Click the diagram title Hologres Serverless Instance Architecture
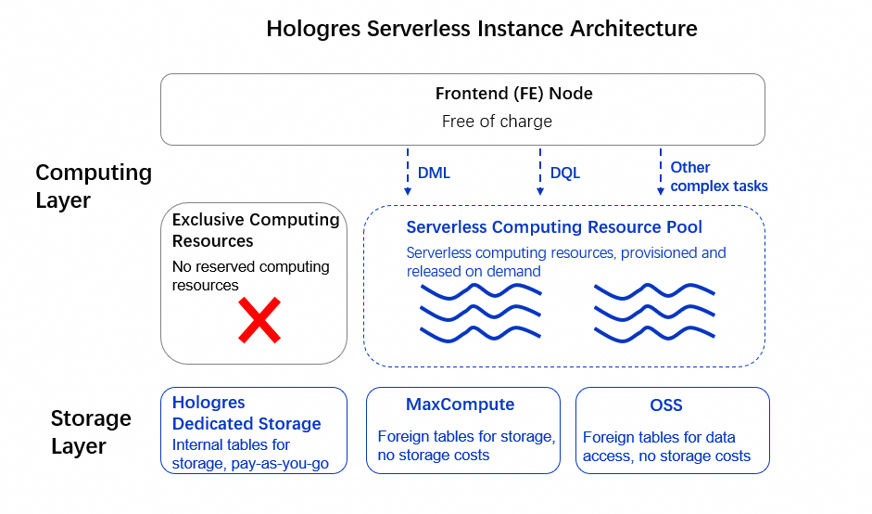(x=481, y=28)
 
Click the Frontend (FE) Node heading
(x=513, y=94)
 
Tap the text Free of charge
(x=497, y=122)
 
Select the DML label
(x=434, y=173)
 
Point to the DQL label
(x=564, y=173)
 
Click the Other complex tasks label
(x=718, y=176)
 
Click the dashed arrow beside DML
(x=407, y=171)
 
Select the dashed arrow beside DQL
(x=539, y=171)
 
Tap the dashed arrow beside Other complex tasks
(x=660, y=171)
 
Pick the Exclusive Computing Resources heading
(x=256, y=230)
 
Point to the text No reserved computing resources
(x=250, y=276)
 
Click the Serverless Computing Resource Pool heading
(x=554, y=227)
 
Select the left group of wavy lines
(x=481, y=312)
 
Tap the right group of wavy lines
(x=653, y=312)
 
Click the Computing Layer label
(x=93, y=186)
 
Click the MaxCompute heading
(x=460, y=405)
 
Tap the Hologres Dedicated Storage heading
(x=246, y=413)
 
